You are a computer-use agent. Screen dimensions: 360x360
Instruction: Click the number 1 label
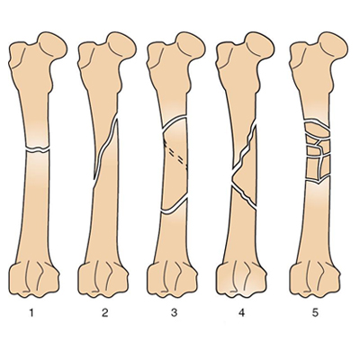[31, 313]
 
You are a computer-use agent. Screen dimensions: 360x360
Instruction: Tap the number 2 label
[104, 313]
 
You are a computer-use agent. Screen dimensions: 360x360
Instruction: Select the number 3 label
[175, 313]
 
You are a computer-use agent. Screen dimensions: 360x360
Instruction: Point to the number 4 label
[242, 313]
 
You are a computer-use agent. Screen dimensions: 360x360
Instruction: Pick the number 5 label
[315, 313]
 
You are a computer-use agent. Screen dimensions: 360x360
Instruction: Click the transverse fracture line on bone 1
[38, 149]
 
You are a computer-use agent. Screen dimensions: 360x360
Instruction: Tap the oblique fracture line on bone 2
[104, 149]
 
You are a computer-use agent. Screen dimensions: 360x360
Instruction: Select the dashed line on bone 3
[175, 155]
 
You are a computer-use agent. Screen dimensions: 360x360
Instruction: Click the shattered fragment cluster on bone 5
[318, 151]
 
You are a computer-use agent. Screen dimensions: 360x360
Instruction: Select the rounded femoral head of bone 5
[333, 45]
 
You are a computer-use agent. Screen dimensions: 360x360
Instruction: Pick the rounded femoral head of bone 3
[191, 45]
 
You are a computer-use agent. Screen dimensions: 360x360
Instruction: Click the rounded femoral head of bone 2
[122, 45]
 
